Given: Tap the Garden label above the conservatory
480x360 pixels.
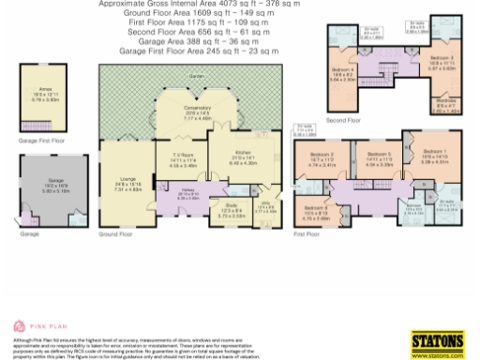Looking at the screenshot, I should point(196,75).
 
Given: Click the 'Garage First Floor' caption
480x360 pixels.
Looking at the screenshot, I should point(41,140).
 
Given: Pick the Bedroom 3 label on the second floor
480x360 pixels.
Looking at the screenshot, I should point(440,61).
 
